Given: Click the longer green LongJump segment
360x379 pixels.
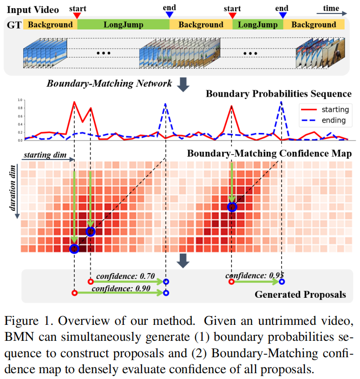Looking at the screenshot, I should pos(123,25).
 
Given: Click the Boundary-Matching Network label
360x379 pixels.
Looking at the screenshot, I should pos(109,84).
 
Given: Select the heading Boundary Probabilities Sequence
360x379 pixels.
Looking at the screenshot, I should pos(278,94).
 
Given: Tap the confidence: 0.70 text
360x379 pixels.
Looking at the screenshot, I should pos(125,277).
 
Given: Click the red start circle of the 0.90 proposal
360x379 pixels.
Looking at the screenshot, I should pos(74,293).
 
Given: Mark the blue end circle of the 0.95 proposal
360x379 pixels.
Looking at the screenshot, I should pos(282,281).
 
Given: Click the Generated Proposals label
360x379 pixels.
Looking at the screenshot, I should pos(300,294).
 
